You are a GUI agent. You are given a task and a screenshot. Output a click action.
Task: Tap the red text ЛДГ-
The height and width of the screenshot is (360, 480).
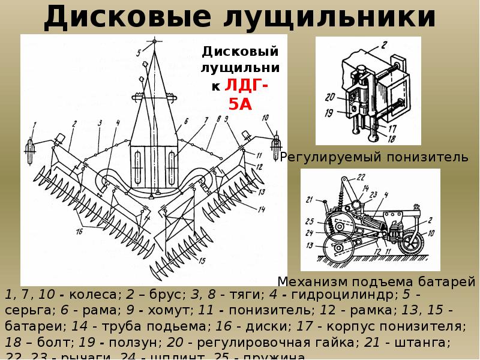[247, 87]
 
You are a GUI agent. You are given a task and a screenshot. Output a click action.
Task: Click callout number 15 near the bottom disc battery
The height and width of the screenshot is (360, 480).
[202, 260]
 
